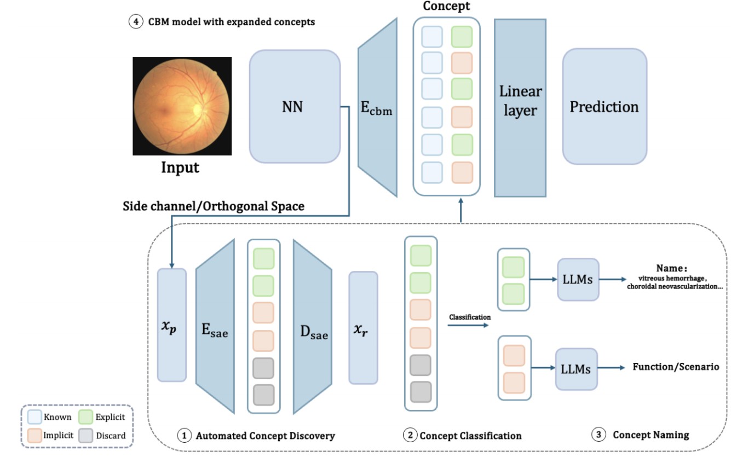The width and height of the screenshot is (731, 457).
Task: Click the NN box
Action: click(295, 106)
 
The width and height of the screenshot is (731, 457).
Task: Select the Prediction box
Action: click(605, 106)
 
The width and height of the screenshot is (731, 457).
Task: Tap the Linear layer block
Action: click(520, 108)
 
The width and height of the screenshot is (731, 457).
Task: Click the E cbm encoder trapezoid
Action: click(378, 107)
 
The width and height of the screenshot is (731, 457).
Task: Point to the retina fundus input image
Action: click(182, 106)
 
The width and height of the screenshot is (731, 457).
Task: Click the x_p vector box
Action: click(171, 325)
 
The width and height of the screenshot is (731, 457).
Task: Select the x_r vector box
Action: click(363, 328)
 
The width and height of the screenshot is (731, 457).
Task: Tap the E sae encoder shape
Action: click(215, 327)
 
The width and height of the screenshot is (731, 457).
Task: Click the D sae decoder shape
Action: click(313, 327)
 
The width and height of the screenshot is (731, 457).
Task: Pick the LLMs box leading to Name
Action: click(578, 280)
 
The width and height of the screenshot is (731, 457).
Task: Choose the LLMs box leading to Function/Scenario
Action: click(577, 369)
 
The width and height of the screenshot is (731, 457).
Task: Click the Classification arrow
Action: click(468, 325)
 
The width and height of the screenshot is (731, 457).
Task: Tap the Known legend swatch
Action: click(34, 416)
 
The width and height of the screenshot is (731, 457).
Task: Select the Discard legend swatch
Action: click(86, 436)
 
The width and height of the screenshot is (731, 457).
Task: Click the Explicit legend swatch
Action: click(86, 417)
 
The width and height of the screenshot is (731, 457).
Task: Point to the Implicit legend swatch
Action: click(34, 436)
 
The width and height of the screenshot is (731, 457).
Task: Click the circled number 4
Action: click(136, 22)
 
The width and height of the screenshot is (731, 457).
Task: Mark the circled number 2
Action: click(410, 435)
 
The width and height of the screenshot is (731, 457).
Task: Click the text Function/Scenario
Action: click(676, 367)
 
